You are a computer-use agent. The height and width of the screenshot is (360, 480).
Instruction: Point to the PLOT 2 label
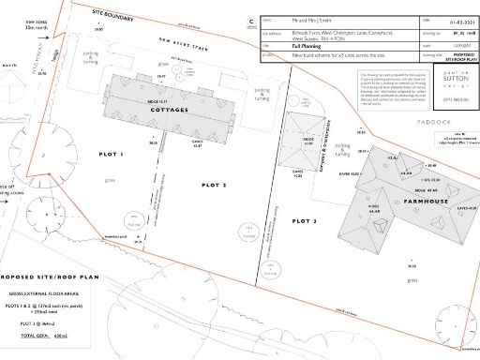click(214, 186)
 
